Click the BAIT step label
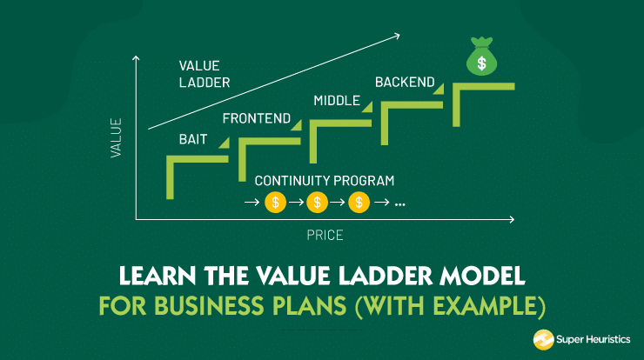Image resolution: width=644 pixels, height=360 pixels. tap(193, 138)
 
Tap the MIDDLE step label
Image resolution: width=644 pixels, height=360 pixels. tap(336, 101)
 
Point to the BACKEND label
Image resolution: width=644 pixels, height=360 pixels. tap(404, 83)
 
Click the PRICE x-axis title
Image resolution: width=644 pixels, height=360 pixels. tap(325, 235)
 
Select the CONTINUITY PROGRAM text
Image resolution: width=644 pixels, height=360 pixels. tap(325, 181)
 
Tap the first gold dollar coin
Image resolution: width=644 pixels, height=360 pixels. tap(276, 203)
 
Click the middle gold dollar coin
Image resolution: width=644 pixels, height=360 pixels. tap(318, 203)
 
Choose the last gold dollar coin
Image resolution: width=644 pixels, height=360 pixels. tap(359, 203)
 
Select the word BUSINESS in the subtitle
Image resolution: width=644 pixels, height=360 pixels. tap(203, 307)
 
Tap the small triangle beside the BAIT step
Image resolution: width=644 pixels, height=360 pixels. tap(224, 144)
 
